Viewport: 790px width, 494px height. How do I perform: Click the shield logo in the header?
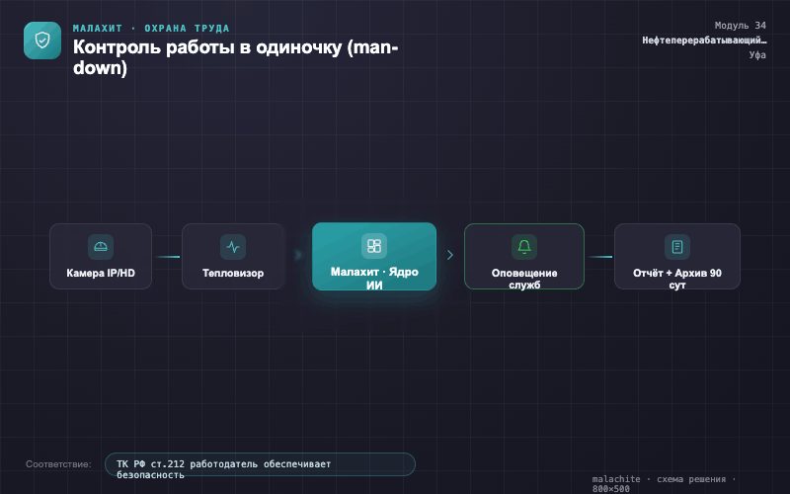(42, 41)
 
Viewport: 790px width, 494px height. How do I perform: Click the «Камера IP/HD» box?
(101, 256)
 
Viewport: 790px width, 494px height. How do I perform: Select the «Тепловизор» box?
(233, 256)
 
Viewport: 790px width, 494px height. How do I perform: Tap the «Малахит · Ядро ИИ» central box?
(374, 256)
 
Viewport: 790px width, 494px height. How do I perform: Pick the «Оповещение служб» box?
(524, 256)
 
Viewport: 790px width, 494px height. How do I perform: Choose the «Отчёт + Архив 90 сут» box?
(677, 256)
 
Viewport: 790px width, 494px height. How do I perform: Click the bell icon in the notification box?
(524, 246)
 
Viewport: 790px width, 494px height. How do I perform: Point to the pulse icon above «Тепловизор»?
(233, 246)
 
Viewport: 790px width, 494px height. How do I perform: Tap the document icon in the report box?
(677, 246)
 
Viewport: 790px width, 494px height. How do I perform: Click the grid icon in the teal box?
(374, 245)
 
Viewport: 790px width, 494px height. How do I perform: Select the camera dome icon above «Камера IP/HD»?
(101, 246)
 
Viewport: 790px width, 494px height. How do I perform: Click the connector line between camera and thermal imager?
(167, 257)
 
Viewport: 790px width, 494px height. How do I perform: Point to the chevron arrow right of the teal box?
(450, 255)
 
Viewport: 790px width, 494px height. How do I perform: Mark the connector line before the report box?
(599, 257)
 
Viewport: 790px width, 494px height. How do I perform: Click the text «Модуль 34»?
(740, 26)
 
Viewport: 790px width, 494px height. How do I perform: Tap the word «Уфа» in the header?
(757, 54)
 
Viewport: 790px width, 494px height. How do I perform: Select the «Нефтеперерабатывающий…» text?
(704, 40)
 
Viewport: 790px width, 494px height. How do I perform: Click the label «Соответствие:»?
(58, 464)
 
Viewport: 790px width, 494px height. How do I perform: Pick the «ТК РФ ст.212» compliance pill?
(260, 464)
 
